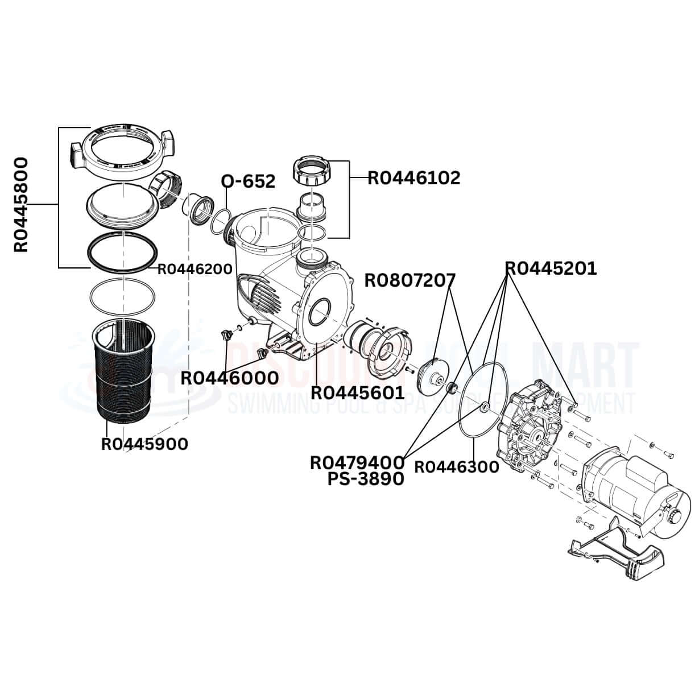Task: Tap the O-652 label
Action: pos(248,181)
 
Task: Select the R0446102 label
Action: pos(413,178)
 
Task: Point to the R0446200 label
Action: pos(195,269)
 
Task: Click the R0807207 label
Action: pos(410,281)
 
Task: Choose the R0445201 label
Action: pos(551,268)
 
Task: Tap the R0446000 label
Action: pos(230,378)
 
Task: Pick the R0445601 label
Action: pos(357,392)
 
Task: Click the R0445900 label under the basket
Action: pos(144,444)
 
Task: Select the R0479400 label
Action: pos(357,463)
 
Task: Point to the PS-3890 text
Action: pos(366,479)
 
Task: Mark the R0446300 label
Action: pos(456,467)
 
